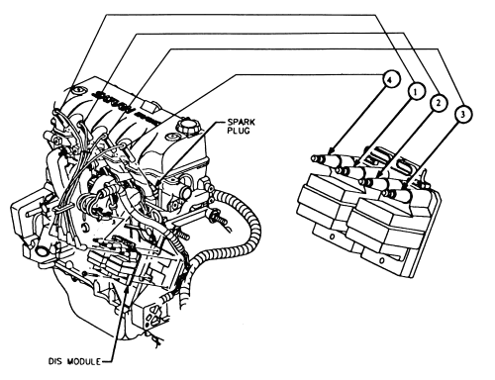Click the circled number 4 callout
pyautogui.click(x=391, y=80)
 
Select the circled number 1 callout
pyautogui.click(x=416, y=91)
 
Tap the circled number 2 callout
pyautogui.click(x=438, y=103)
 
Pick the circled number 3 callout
pyautogui.click(x=462, y=114)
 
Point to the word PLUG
pyautogui.click(x=238, y=131)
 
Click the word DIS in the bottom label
pyautogui.click(x=55, y=362)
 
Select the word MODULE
pyautogui.click(x=84, y=362)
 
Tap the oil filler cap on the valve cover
pyautogui.click(x=184, y=127)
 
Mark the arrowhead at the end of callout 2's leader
pyautogui.click(x=380, y=175)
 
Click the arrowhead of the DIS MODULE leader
pyautogui.click(x=127, y=288)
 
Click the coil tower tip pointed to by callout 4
pyautogui.click(x=315, y=158)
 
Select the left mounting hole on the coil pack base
pyautogui.click(x=333, y=237)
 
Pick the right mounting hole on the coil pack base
pyautogui.click(x=381, y=260)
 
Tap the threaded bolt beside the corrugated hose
pyautogui.click(x=221, y=220)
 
